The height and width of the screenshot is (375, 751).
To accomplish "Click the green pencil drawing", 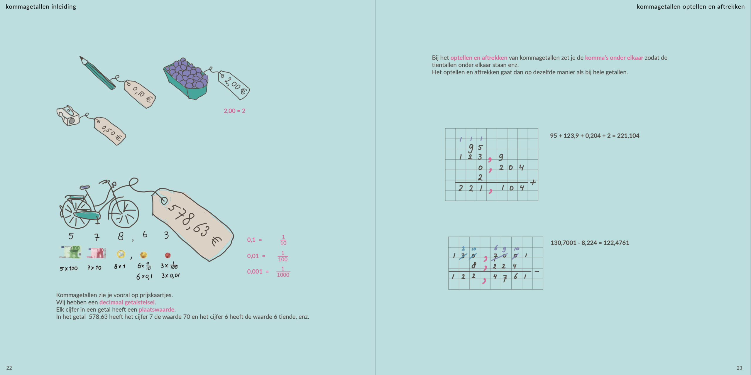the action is (x=97, y=73).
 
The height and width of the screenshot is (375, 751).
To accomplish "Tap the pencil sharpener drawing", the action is (x=68, y=116).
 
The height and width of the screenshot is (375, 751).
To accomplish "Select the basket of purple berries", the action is (x=186, y=79).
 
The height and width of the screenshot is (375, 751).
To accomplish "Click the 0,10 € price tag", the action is (x=140, y=94).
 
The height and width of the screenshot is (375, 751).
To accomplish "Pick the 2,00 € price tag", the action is (x=234, y=85).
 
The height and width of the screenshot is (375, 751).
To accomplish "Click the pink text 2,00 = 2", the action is (x=234, y=111).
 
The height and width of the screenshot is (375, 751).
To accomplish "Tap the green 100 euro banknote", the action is (x=70, y=252).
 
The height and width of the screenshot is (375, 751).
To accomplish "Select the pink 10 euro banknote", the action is (x=96, y=253).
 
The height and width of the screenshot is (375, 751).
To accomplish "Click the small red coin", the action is (x=168, y=255).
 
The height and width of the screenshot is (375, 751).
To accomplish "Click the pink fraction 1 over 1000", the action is (x=283, y=272).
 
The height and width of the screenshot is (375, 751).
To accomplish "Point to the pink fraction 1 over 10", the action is (x=283, y=240).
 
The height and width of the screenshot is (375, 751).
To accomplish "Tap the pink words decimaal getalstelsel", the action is (x=127, y=302).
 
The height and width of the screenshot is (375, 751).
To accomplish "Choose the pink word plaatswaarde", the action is (x=157, y=310).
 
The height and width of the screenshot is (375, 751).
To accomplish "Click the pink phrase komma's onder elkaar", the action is (x=614, y=58).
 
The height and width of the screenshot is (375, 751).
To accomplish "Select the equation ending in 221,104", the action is (x=595, y=136).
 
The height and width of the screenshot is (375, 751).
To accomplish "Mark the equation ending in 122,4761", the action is (x=590, y=243).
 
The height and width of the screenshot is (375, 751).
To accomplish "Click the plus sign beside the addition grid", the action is (x=533, y=182).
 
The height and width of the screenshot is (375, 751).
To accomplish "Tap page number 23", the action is (x=739, y=368).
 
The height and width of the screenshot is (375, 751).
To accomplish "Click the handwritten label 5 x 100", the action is (x=69, y=268).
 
